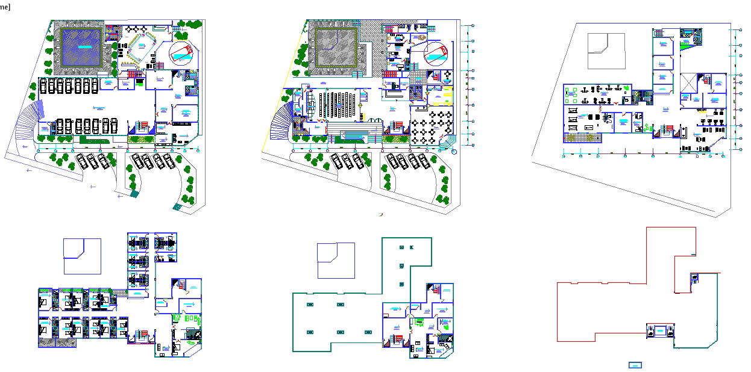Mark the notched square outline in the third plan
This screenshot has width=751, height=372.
click(x=606, y=51)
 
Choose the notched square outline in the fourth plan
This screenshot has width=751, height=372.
click(x=82, y=256)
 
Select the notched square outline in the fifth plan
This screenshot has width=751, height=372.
click(x=336, y=261)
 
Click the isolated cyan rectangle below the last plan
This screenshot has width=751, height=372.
click(x=635, y=365)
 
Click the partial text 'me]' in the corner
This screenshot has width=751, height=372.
click(x=4, y=7)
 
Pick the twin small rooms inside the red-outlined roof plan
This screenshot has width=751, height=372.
click(x=660, y=330)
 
